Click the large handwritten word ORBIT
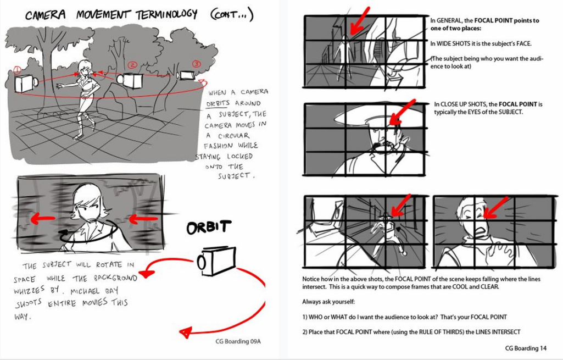[209, 228]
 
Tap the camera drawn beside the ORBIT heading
[216, 261]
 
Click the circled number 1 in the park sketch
[17, 70]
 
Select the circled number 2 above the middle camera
[132, 65]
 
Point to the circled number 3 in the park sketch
[196, 64]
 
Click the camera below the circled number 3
[186, 75]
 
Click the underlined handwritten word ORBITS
[218, 103]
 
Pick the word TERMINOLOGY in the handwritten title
[166, 15]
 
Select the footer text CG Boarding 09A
[238, 341]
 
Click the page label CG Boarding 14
[526, 348]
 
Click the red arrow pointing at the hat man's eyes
[402, 113]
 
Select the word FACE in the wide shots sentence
[522, 43]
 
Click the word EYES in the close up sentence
[476, 112]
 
